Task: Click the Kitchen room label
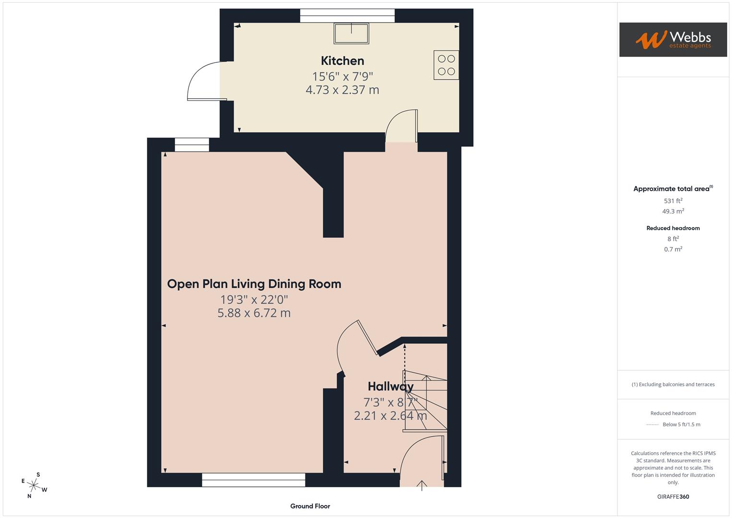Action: (342, 61)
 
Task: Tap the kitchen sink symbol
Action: (351, 34)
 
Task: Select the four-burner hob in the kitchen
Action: (446, 65)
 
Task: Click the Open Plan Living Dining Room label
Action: (254, 284)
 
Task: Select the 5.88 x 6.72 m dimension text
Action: (254, 313)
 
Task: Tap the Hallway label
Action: (390, 387)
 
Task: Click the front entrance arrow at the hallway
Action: (422, 485)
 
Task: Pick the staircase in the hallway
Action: (425, 400)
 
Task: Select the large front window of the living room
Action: (254, 480)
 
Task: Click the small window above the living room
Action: (192, 145)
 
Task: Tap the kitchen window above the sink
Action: (348, 16)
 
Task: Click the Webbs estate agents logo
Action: (673, 40)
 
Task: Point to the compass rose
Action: (34, 485)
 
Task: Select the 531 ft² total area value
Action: (673, 201)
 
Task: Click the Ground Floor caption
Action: (310, 506)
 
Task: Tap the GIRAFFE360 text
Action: (673, 497)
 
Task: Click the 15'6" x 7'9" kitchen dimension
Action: (342, 76)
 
